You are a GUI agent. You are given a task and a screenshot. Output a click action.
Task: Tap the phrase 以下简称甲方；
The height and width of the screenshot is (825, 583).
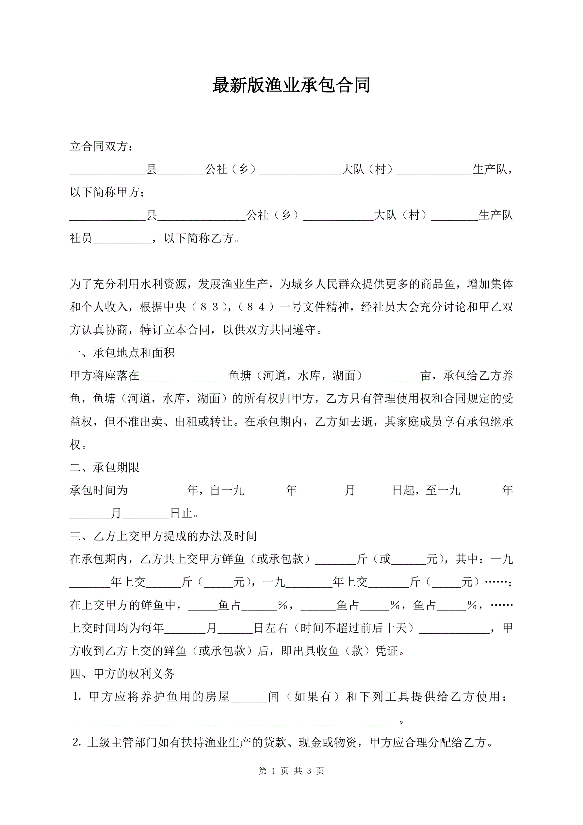tap(107, 192)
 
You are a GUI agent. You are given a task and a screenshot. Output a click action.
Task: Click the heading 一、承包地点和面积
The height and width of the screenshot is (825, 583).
tap(122, 353)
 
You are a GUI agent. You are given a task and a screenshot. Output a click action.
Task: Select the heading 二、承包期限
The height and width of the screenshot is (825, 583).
tap(105, 468)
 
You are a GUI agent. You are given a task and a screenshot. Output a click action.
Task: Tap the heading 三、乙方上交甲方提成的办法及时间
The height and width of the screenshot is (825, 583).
tap(163, 537)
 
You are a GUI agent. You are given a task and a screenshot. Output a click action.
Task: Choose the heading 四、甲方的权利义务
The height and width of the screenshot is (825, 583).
tap(122, 674)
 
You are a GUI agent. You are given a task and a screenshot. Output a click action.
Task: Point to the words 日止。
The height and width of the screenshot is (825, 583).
tap(185, 513)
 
